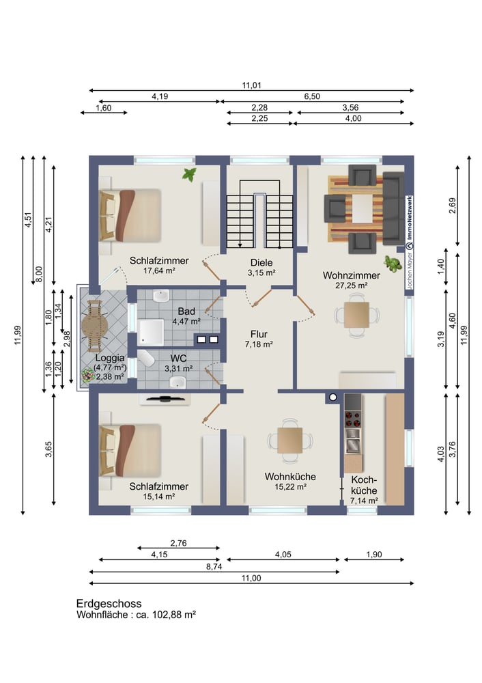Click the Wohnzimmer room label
tap(352, 275)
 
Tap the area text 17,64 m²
tap(159, 270)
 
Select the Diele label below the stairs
tap(261, 263)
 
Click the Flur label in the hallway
tap(259, 334)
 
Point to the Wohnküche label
tap(290, 477)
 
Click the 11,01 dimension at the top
tap(252, 85)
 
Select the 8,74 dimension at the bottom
tap(214, 567)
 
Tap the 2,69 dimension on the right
tap(453, 206)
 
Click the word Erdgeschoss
tap(109, 604)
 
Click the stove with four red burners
tap(353, 418)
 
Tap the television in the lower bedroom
tap(165, 399)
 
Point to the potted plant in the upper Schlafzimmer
tap(189, 174)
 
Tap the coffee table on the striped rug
tap(363, 208)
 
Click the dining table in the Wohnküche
tap(290, 441)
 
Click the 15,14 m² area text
tap(159, 497)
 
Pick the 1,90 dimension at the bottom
tap(374, 555)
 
